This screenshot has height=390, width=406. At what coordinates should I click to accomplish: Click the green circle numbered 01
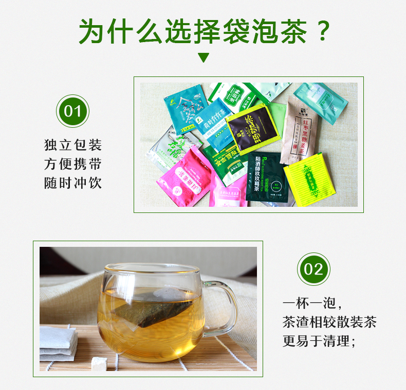72,111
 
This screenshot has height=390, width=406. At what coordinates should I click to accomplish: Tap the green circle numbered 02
313,269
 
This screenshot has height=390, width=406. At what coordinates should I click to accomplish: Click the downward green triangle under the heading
204,57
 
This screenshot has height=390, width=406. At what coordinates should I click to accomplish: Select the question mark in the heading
322,31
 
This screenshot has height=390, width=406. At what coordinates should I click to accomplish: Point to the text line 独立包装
72,145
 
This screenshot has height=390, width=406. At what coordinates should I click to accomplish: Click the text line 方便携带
72,164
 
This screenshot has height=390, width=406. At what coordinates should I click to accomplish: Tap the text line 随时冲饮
72,183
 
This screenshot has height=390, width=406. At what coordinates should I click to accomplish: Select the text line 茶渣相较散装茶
329,322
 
